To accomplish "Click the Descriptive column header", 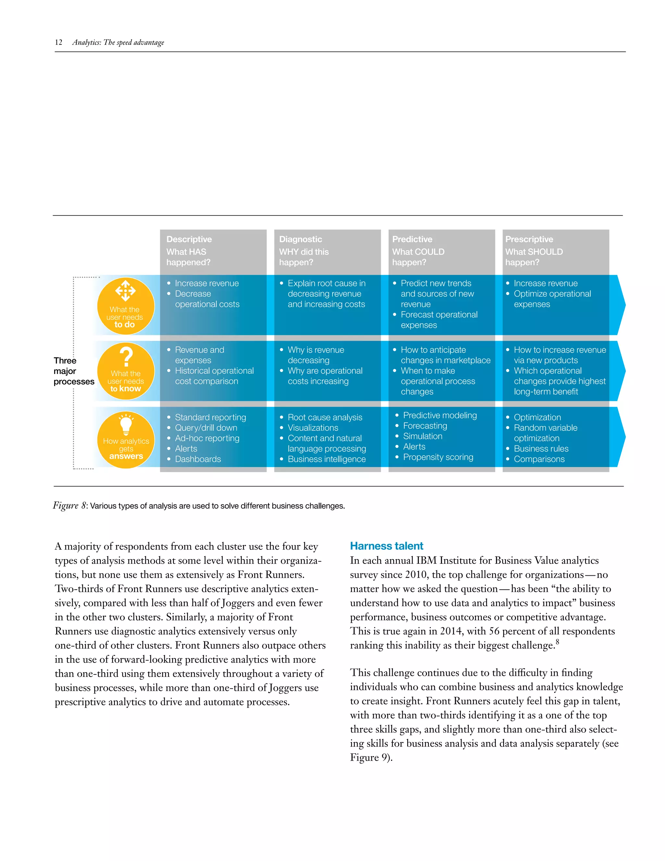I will coord(189,239).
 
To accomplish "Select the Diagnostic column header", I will coord(300,239).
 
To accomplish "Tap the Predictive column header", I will coord(412,239).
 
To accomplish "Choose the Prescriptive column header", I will coord(529,239).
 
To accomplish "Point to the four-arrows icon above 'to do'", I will coord(125,290).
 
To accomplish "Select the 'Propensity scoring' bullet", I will coord(438,457).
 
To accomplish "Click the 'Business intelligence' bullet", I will coord(326,459).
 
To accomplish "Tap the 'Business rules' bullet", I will coord(541,449).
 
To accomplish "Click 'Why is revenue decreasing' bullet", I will coord(315,355).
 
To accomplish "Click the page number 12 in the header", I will coord(58,42).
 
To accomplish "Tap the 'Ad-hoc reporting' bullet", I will coord(207,438).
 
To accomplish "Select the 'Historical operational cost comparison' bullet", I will coord(214,376).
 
